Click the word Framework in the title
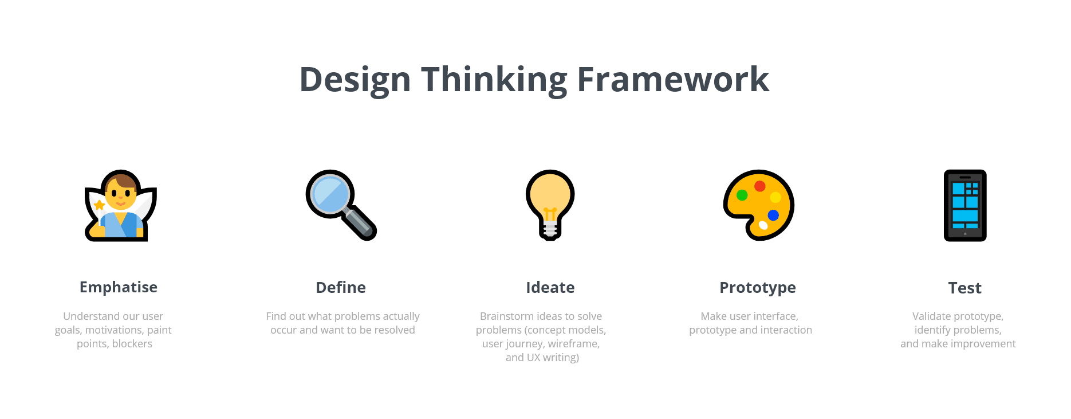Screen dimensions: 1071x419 tap(673, 79)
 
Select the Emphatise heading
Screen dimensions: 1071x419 tap(119, 287)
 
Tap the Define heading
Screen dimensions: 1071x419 tap(341, 287)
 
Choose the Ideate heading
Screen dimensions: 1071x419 tap(550, 287)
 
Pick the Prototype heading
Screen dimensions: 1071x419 tap(758, 288)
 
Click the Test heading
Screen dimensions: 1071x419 tap(965, 288)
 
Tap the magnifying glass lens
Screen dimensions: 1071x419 tap(330, 194)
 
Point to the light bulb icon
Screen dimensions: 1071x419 tap(550, 205)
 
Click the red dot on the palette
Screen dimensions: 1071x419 tap(760, 186)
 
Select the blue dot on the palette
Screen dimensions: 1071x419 tap(773, 216)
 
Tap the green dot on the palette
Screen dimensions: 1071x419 tap(742, 195)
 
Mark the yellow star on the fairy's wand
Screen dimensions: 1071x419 tap(99, 205)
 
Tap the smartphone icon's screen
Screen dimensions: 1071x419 tap(965, 205)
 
